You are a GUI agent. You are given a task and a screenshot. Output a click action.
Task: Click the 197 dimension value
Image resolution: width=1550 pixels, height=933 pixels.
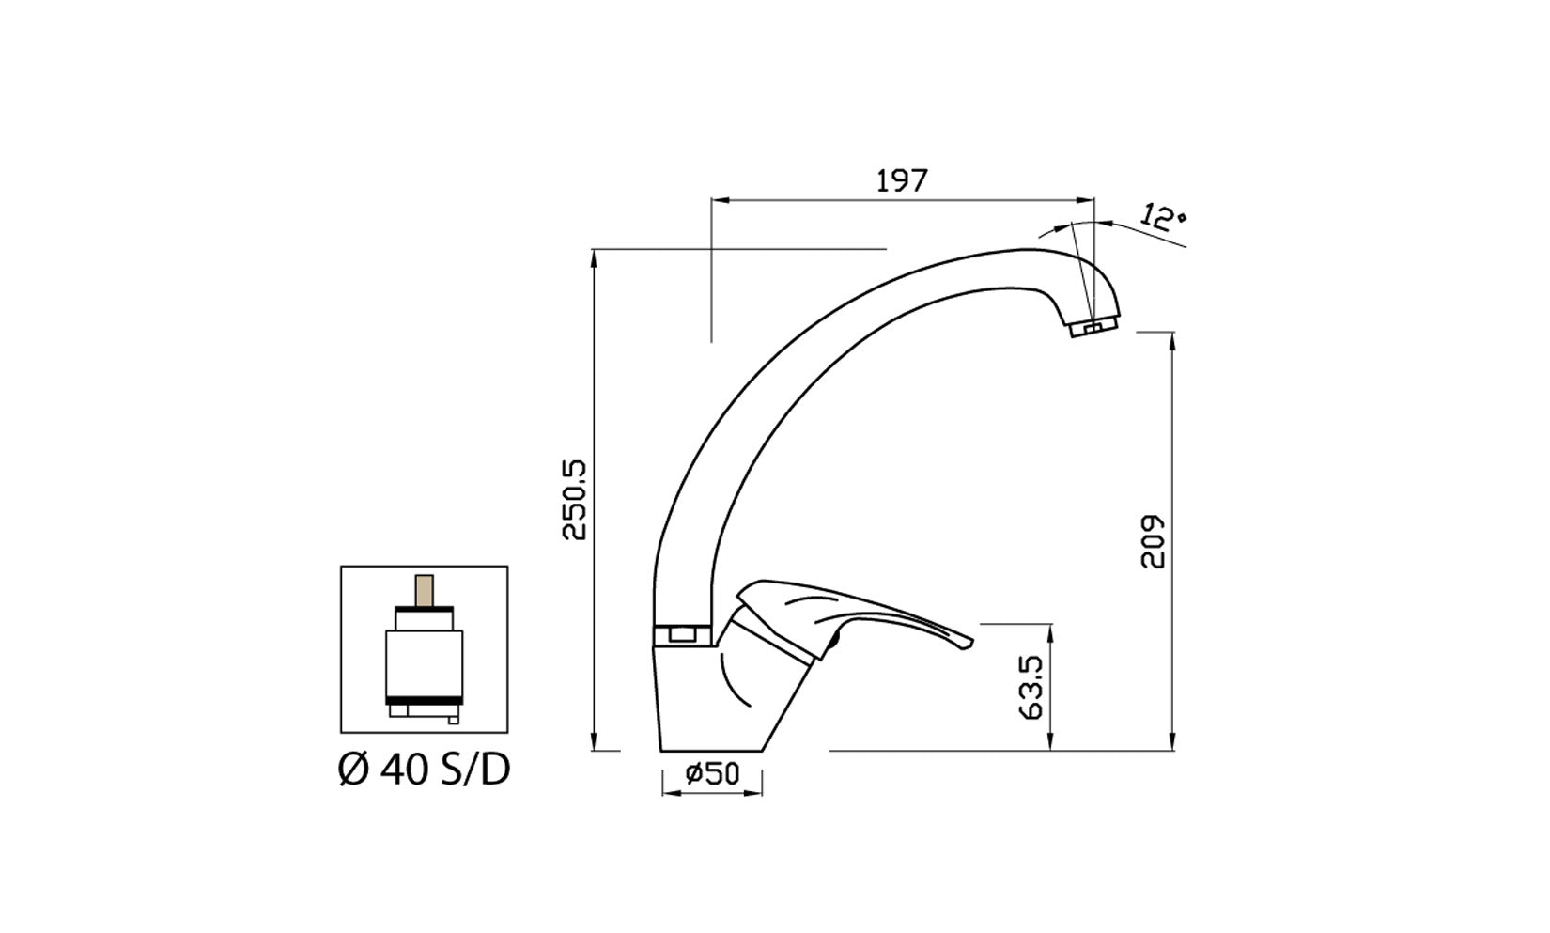901,180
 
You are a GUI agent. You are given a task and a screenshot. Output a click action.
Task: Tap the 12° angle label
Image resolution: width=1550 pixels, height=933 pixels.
1163,217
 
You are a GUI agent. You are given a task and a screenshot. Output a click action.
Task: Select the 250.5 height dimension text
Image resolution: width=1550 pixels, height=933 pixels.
574,500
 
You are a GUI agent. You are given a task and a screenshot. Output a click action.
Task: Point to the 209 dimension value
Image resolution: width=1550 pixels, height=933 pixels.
1152,541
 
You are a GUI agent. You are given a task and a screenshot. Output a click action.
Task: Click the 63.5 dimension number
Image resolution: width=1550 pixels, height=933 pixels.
1031,688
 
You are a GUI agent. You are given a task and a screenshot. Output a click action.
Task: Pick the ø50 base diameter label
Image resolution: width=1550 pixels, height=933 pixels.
712,773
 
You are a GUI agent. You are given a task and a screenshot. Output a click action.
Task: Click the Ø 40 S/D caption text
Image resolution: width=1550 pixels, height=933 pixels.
425,770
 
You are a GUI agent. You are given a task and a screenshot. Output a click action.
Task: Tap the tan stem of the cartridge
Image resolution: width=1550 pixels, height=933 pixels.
425,591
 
